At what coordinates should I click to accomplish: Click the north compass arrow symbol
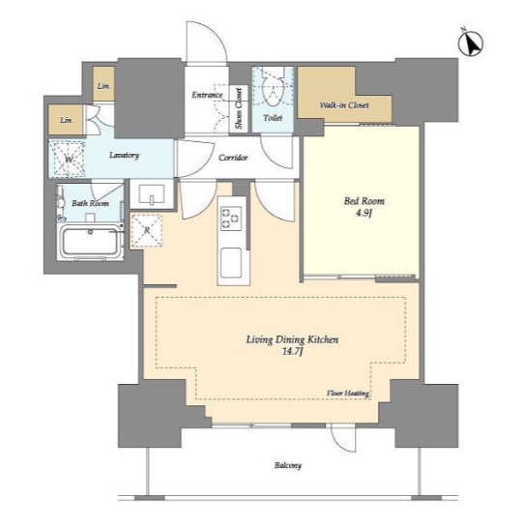pos(471,43)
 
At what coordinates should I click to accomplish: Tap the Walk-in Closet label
pos(344,105)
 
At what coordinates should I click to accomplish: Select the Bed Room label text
pos(364,201)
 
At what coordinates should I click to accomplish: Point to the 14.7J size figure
pos(292,352)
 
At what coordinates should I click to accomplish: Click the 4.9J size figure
pos(364,214)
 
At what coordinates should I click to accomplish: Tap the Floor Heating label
pos(348,393)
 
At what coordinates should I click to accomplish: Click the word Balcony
pos(288,465)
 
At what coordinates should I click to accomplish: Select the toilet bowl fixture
pos(274,88)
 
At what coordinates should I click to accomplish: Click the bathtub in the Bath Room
pos(90,242)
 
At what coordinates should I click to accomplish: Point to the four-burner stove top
pos(231,219)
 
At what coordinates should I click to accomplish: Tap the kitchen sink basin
pos(231,263)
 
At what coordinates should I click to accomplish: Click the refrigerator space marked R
pos(147,231)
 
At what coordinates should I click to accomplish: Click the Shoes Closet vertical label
pos(239,108)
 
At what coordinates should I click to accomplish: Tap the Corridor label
pos(233,158)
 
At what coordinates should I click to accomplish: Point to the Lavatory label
pos(124,156)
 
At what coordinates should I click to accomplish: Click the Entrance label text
pos(207,95)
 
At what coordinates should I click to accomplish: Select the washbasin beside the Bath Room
pos(152,194)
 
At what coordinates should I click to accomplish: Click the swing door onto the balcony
pos(342,437)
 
